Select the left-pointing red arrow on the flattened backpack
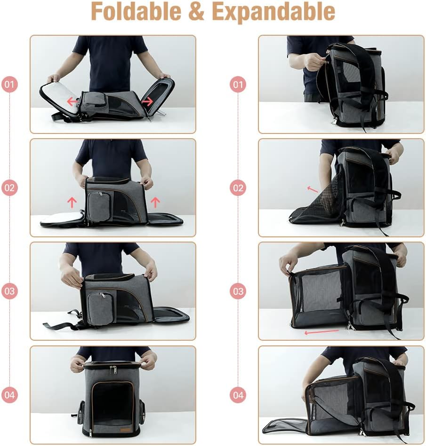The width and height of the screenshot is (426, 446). (72, 101)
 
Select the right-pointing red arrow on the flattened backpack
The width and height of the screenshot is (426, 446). (147, 101)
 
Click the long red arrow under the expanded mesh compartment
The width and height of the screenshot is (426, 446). (322, 332)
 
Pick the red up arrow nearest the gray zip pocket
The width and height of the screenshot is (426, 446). (72, 203)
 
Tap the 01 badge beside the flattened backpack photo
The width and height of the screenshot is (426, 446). (10, 85)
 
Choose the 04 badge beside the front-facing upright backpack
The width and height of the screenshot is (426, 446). (10, 395)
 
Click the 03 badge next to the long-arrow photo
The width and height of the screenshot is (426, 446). (238, 291)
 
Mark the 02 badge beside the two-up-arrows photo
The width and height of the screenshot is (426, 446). (10, 188)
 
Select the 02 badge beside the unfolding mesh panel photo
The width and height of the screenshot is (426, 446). (238, 188)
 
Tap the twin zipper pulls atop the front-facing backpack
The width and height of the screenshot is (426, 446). (113, 370)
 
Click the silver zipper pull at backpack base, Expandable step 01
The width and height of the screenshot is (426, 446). (334, 121)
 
